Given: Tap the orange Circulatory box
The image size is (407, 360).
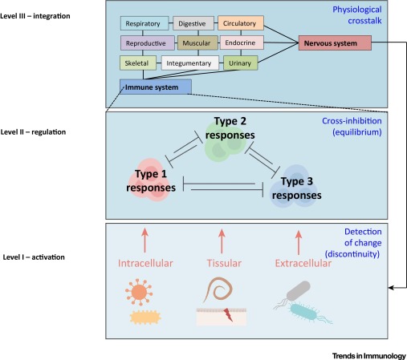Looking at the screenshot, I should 240,24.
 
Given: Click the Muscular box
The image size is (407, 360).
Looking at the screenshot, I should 197,42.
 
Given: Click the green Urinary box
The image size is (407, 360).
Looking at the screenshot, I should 240,62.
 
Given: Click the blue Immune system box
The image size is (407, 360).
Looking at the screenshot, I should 155,86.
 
